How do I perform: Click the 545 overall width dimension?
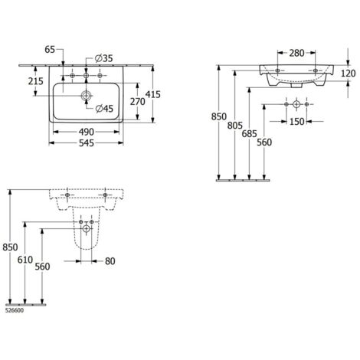87,143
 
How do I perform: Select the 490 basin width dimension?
87,132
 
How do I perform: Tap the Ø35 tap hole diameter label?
103,58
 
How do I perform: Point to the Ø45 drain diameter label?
104,109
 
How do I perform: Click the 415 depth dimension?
152,94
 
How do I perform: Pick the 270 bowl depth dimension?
138,102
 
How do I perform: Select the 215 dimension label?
36,81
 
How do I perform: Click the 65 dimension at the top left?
50,50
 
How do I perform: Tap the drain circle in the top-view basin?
87,96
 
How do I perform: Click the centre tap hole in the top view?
86,76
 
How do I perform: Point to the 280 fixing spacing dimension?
296,53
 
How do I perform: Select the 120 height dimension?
349,74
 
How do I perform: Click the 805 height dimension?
235,126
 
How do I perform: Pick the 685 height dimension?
250,133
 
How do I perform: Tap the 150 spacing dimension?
297,122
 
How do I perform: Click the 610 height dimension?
25,260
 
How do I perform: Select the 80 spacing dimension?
110,261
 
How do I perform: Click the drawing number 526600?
15,311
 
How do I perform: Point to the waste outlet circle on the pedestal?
87,228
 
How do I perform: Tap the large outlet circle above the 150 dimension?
296,104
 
